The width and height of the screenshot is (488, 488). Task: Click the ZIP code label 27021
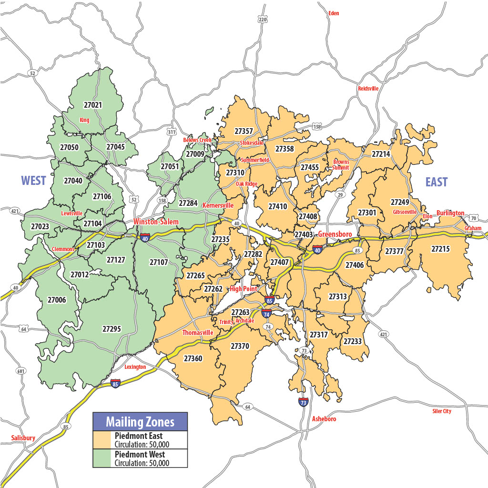(x=93, y=104)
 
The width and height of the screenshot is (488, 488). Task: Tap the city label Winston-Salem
(x=156, y=222)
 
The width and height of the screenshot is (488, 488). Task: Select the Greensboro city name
(x=335, y=234)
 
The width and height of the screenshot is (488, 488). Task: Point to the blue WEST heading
(x=33, y=181)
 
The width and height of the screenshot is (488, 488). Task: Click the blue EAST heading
(x=437, y=182)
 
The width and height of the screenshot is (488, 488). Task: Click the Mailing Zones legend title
(x=140, y=422)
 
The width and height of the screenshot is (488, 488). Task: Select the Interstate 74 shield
(x=266, y=313)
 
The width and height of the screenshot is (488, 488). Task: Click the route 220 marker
(x=262, y=19)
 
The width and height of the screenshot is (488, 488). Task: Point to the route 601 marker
(x=20, y=371)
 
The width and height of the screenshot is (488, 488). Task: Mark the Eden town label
(x=334, y=13)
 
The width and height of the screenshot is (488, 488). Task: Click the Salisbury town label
(x=23, y=438)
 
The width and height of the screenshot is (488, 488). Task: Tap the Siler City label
(x=441, y=411)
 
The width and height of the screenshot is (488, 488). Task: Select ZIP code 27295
(x=112, y=329)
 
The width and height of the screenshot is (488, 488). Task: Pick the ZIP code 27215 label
(x=440, y=248)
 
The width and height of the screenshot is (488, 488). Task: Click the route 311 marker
(x=172, y=132)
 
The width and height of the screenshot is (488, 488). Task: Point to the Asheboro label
(x=324, y=419)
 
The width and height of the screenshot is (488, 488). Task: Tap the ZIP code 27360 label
(x=193, y=358)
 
